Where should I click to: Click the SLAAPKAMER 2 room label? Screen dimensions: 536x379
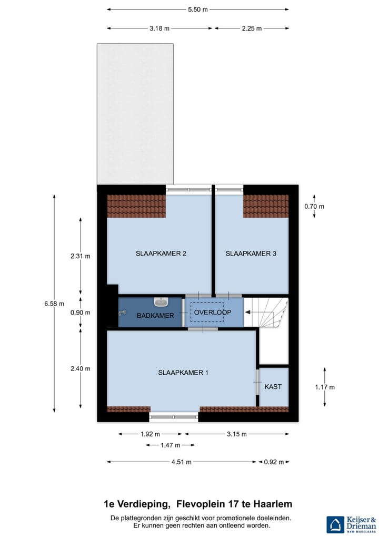coord(161,254)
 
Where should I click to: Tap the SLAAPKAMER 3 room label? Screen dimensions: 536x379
coord(251,254)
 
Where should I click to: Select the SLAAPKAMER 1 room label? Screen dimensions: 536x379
coord(183,373)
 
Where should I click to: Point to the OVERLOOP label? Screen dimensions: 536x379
coord(212,312)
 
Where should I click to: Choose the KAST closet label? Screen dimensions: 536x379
coord(273,386)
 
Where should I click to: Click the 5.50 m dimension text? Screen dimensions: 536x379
coord(197,9)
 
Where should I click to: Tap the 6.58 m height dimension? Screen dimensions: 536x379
coord(54,303)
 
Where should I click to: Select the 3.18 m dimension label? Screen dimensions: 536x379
coord(159,28)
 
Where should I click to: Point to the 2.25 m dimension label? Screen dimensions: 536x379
coord(251,28)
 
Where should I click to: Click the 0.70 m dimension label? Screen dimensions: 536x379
coord(314,207)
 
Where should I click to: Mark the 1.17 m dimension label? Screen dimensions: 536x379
coord(324,387)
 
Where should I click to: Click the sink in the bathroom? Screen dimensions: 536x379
coord(161,302)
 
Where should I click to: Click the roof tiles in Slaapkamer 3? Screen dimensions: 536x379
coord(266,206)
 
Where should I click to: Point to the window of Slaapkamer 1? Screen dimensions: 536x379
coord(174,416)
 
